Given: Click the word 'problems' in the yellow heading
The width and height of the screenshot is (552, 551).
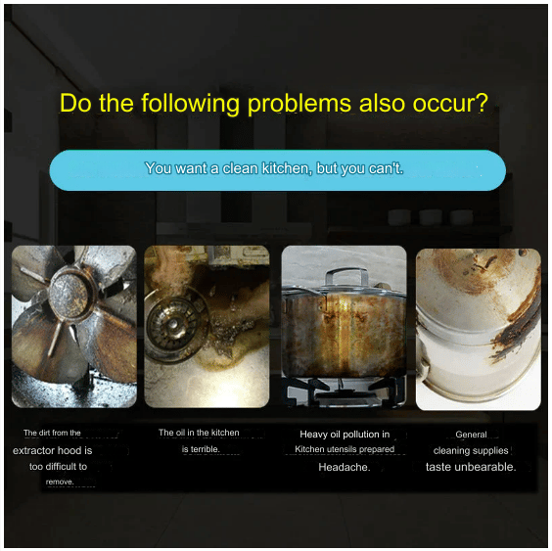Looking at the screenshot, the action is pyautogui.click(x=299, y=105).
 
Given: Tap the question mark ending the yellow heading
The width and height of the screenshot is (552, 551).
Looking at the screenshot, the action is pyautogui.click(x=483, y=103).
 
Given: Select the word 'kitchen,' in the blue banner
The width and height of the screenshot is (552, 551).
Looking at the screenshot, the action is pyautogui.click(x=287, y=168).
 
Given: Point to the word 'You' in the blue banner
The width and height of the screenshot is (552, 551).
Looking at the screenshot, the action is pyautogui.click(x=159, y=168).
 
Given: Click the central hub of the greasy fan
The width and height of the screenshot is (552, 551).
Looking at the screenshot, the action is pyautogui.click(x=68, y=295).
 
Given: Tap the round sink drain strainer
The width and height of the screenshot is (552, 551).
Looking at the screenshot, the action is pyautogui.click(x=173, y=325).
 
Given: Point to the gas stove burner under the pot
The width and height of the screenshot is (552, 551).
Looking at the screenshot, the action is pyautogui.click(x=344, y=390).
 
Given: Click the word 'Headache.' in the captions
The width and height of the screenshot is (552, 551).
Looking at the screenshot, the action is pyautogui.click(x=345, y=467).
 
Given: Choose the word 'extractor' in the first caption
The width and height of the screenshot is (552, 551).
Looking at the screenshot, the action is pyautogui.click(x=33, y=450).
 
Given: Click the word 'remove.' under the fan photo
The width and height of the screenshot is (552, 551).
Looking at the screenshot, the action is pyautogui.click(x=60, y=482).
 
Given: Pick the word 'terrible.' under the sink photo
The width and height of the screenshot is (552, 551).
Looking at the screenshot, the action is pyautogui.click(x=206, y=449).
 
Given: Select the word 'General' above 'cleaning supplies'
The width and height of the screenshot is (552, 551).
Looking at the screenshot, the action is pyautogui.click(x=471, y=435).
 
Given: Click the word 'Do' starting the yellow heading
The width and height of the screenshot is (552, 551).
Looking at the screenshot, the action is pyautogui.click(x=75, y=103).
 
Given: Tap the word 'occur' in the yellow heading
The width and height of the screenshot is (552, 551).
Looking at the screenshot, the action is pyautogui.click(x=443, y=105).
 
